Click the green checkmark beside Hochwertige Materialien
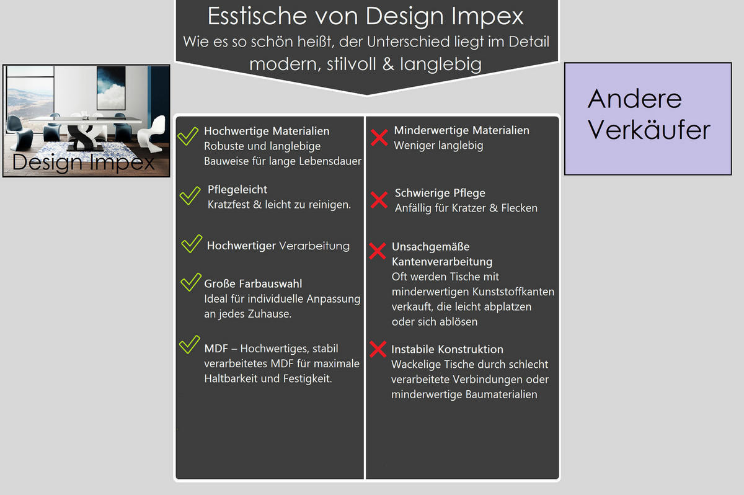tap(187, 136)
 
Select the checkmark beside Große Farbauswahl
tap(189, 282)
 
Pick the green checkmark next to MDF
tap(188, 345)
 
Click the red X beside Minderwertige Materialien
tap(379, 138)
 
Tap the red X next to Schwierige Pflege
tap(379, 200)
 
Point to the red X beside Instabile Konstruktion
tap(378, 350)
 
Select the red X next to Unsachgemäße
tap(377, 251)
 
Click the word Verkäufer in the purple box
tap(649, 130)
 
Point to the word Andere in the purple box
tap(634, 99)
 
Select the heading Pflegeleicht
tap(237, 189)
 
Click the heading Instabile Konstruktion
tap(447, 349)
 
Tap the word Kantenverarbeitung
tap(441, 261)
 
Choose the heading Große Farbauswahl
tap(253, 283)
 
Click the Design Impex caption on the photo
tap(84, 163)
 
